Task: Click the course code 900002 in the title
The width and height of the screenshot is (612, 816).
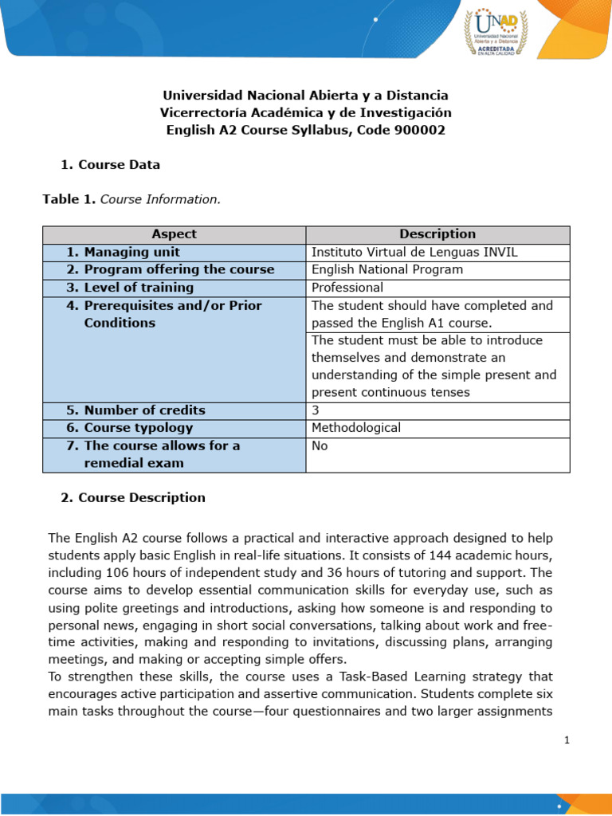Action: [x=419, y=130]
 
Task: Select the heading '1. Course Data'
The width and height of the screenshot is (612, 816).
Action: [x=111, y=165]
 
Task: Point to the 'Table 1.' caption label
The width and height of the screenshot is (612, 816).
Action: [x=69, y=199]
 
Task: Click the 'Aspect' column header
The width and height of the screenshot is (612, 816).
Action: [x=174, y=234]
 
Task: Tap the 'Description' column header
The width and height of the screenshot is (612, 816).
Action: [x=437, y=234]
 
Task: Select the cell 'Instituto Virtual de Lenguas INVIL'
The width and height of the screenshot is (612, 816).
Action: [x=414, y=252]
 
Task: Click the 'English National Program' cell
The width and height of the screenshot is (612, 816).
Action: [x=387, y=269]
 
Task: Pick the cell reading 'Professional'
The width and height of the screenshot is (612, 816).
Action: [x=347, y=288]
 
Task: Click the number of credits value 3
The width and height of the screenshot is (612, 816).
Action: [x=316, y=410]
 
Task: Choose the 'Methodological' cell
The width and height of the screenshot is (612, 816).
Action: [x=356, y=428]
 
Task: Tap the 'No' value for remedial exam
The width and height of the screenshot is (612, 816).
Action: [x=320, y=446]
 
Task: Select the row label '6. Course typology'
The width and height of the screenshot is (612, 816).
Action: [x=129, y=428]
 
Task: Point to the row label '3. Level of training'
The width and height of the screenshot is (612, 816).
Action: [x=130, y=288]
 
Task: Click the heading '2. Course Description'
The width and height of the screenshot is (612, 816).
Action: [x=133, y=498]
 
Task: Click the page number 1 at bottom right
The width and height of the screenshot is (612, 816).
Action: [x=567, y=740]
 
